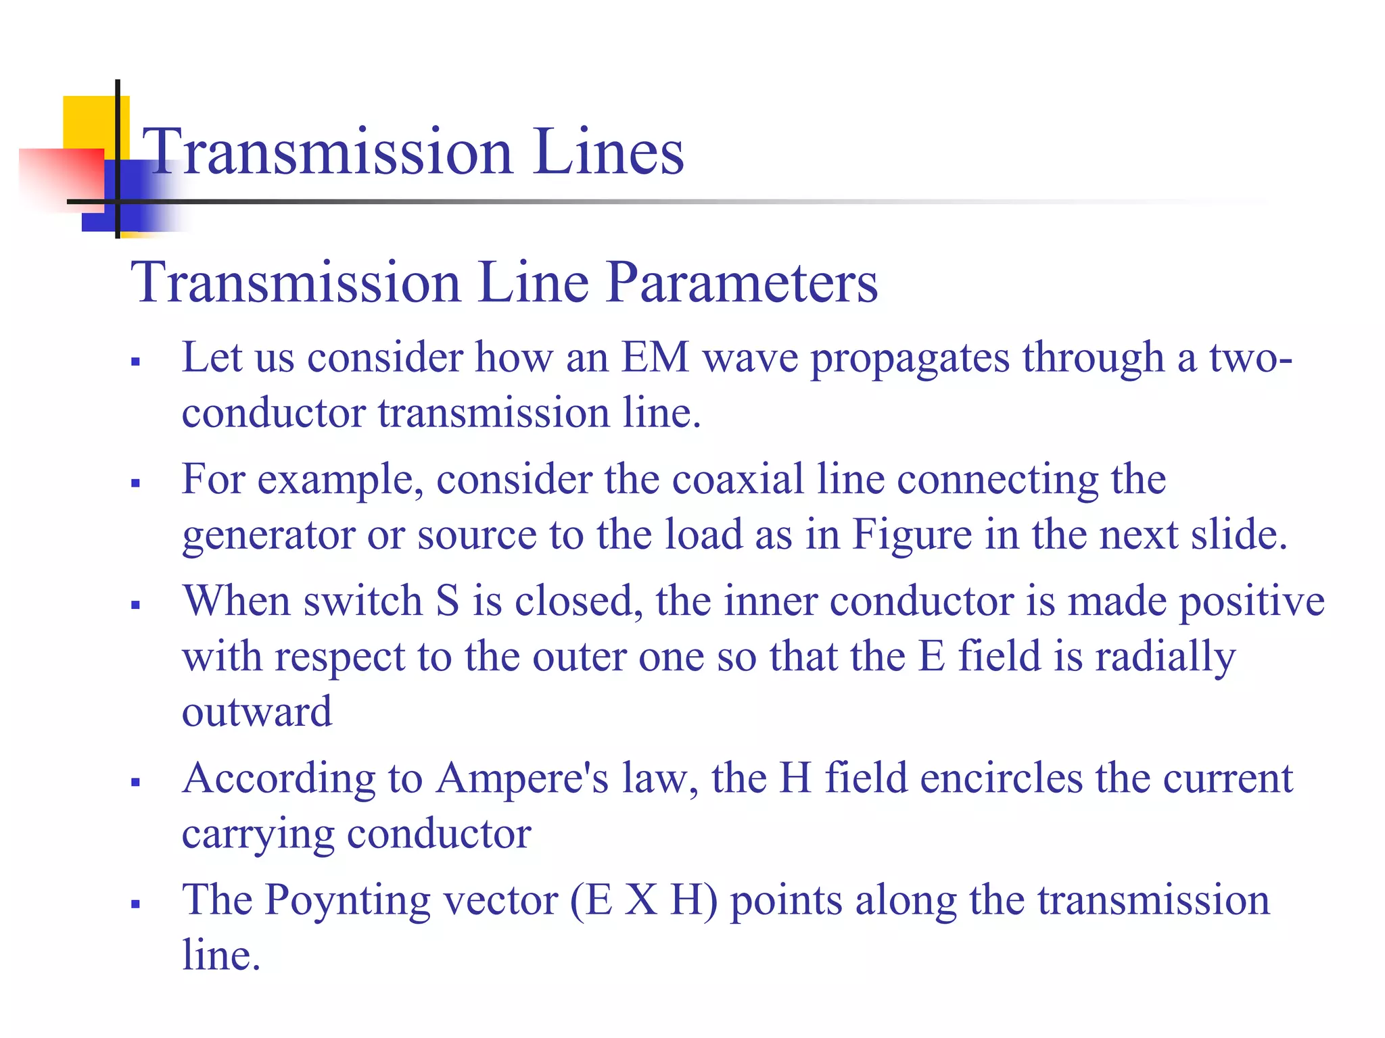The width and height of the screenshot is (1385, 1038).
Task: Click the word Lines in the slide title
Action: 609,152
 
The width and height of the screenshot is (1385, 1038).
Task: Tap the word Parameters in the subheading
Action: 742,282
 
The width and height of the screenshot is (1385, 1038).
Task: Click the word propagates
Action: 910,360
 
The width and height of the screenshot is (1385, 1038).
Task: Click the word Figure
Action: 912,535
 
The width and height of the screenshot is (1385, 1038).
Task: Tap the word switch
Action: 363,601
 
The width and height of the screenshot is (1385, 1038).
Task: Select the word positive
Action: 1251,602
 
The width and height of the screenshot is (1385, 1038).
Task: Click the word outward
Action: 257,712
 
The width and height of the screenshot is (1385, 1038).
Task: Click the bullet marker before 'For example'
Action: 136,483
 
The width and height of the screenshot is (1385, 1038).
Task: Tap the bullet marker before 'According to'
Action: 136,783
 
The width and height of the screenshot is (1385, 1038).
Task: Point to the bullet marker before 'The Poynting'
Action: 136,904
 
